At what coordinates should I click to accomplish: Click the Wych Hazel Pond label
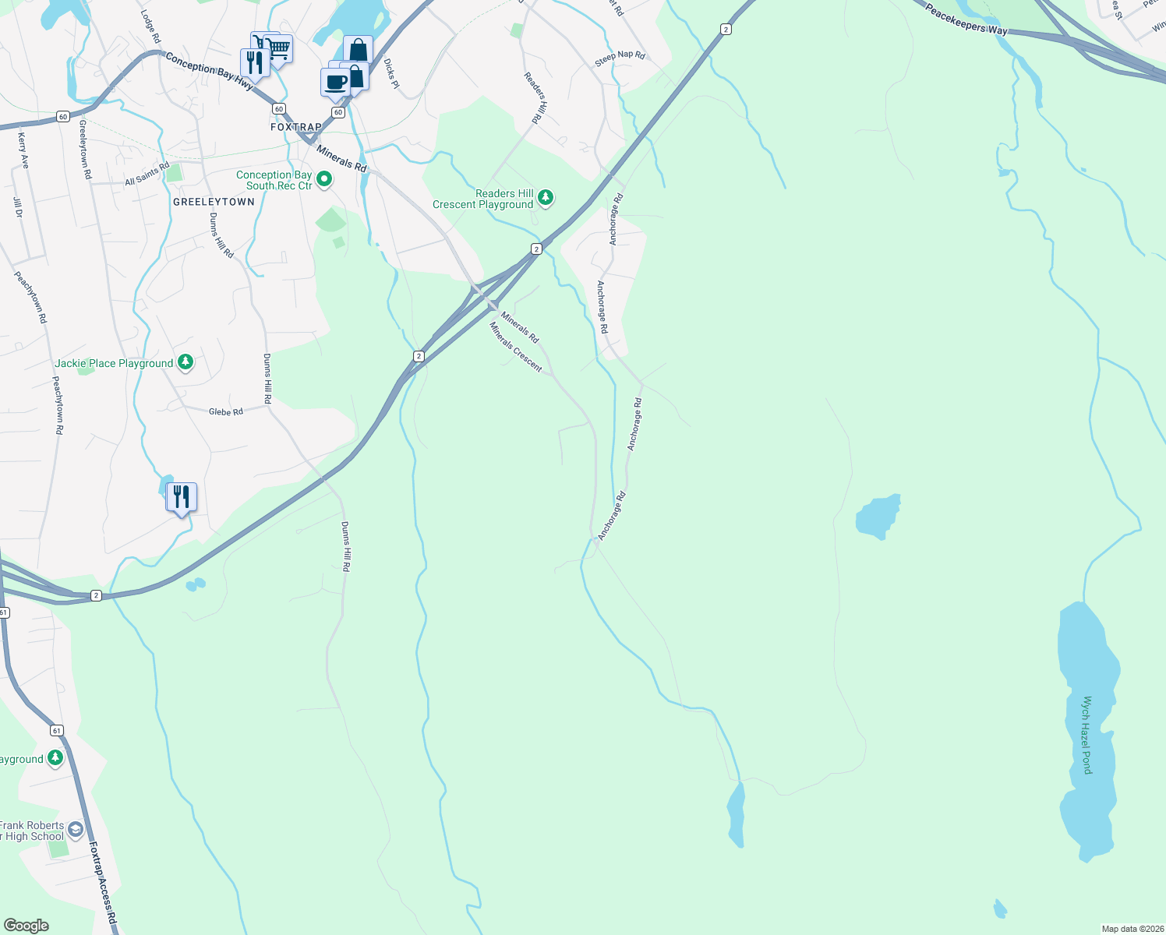point(1087,735)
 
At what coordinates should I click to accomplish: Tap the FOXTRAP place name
point(296,127)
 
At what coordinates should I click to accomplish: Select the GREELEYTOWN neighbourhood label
point(214,202)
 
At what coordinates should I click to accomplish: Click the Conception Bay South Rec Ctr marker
point(325,180)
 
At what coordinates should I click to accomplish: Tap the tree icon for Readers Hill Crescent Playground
point(546,198)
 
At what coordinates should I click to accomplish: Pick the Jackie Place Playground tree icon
point(185,362)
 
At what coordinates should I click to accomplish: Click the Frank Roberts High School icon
point(75,829)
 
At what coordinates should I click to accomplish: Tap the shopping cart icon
point(277,48)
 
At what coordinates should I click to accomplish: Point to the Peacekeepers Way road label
point(966,20)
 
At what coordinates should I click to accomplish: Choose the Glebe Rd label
point(226,411)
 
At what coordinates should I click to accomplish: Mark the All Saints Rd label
point(147,175)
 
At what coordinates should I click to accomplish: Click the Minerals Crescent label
point(515,347)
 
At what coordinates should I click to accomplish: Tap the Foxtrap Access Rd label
point(102,883)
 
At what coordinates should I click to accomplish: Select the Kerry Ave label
point(23,150)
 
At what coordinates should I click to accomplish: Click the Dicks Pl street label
point(391,73)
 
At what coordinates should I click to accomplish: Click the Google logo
point(26,926)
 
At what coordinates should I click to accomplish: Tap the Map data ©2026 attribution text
point(1130,929)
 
